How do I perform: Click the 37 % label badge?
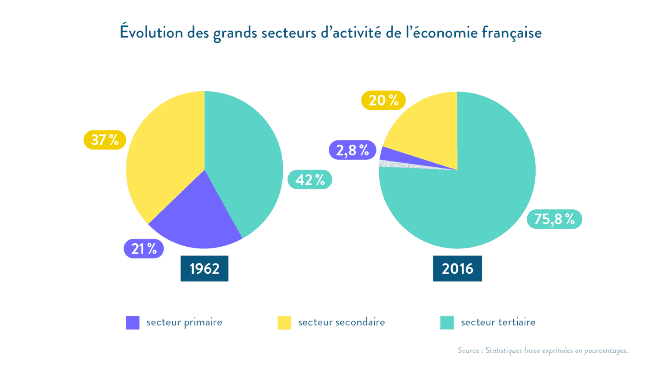(105, 140)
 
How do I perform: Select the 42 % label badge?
(309, 180)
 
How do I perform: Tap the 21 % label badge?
(144, 249)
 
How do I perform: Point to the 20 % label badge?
(383, 100)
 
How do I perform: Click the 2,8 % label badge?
(352, 150)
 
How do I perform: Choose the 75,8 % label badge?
(554, 219)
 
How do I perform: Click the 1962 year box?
(204, 269)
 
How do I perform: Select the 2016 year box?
(457, 269)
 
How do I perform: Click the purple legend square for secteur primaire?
(133, 322)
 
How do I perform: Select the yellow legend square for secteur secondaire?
(284, 322)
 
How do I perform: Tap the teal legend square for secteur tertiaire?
(447, 322)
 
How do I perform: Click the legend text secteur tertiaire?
(498, 322)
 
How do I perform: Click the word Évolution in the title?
(151, 33)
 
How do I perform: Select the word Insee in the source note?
(531, 350)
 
